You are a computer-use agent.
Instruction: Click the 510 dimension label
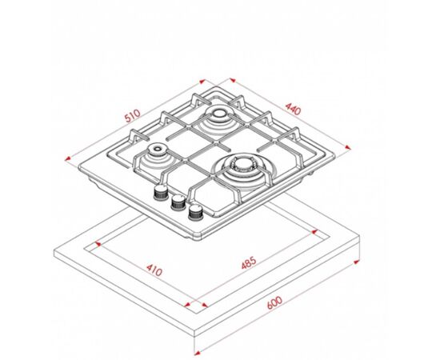pos(133,116)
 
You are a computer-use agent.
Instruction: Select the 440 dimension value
pos(293,109)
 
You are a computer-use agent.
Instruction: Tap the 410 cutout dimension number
pos(154,270)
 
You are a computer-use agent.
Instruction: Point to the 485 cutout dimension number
pos(249,262)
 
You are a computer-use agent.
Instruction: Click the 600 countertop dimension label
pos(274,302)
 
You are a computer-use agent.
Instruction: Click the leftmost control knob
pos(161,192)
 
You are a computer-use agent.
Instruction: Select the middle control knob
pos(178,202)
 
